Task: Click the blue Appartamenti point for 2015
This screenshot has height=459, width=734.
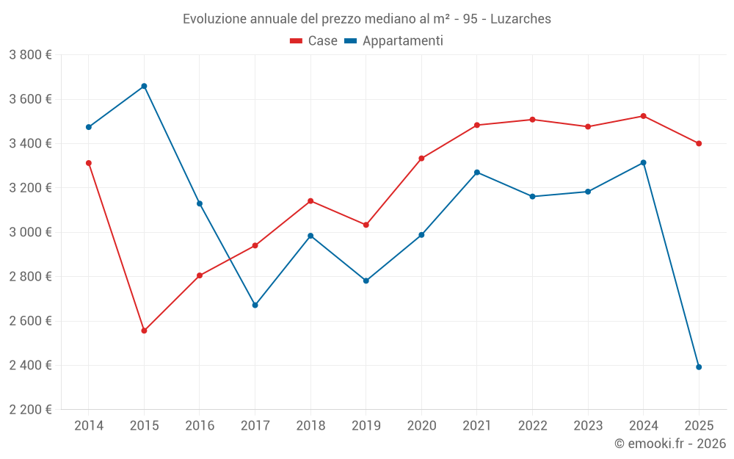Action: [x=144, y=86]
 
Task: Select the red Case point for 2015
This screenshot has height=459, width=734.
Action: [x=144, y=330]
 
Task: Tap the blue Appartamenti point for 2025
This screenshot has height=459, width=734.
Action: [x=699, y=367]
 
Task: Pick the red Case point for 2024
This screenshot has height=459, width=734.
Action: [x=643, y=116]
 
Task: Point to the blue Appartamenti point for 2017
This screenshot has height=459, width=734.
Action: [x=255, y=305]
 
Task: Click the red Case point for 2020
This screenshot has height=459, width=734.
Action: [x=421, y=159]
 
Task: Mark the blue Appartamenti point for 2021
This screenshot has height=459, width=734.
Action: [x=477, y=173]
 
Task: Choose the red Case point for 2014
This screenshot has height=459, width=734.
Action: [x=89, y=163]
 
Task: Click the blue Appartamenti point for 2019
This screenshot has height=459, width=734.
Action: [x=366, y=281]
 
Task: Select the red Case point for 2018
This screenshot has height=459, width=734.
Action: [x=310, y=200]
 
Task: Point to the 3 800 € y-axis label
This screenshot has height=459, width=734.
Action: [x=30, y=55]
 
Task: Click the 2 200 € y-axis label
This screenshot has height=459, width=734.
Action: [x=30, y=410]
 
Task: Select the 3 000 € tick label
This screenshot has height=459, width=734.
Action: [x=30, y=232]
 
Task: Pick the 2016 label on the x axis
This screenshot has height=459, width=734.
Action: [x=200, y=426]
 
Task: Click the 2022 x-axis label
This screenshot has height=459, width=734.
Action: [x=532, y=426]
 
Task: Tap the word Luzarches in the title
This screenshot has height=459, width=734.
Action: [x=520, y=19]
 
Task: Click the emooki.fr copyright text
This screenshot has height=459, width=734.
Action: [x=669, y=444]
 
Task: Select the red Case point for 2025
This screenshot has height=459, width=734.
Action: [x=699, y=143]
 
